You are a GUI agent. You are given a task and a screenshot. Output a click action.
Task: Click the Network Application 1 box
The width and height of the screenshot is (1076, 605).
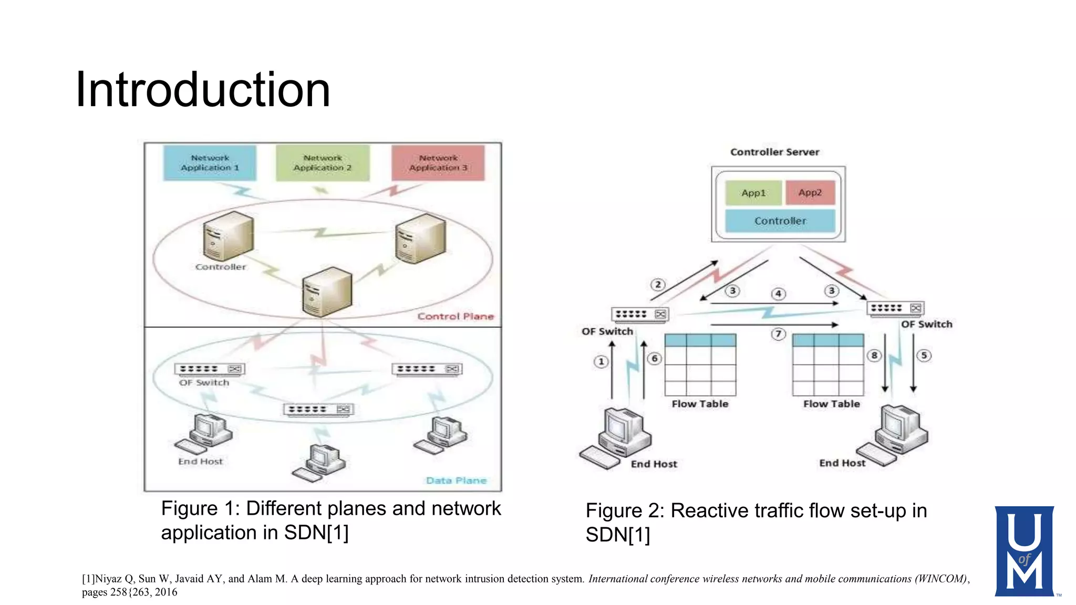coord(210,163)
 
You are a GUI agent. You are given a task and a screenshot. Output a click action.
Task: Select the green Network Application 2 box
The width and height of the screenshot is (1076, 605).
coord(323,163)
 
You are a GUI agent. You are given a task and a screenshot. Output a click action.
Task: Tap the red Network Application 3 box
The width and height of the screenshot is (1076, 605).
coord(438,163)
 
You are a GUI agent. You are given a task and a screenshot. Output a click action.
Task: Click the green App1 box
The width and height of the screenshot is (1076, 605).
coord(753,193)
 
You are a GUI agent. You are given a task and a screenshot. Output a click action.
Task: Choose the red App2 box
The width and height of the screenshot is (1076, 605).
coord(810,193)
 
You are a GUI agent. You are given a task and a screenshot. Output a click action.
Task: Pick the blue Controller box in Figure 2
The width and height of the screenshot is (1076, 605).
coord(780,221)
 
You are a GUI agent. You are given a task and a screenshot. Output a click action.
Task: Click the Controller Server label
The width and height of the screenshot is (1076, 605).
coord(774,152)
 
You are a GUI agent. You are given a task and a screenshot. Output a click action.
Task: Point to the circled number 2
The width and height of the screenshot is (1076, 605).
coord(658,285)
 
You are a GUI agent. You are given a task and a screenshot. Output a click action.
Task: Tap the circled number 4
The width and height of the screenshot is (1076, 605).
coord(778,294)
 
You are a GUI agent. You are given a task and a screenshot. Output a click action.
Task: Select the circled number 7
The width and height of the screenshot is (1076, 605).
coord(778,334)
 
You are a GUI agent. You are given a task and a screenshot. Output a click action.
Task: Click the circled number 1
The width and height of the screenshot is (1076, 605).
coord(601,361)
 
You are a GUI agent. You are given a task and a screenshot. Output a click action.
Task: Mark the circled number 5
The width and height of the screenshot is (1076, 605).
coord(924,356)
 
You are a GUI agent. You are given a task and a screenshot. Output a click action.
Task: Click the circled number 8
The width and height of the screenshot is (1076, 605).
coord(874,356)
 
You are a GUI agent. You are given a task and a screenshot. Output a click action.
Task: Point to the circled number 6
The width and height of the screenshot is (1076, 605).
coord(654,359)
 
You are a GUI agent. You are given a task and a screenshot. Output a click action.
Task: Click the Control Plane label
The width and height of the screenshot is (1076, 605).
coord(456,316)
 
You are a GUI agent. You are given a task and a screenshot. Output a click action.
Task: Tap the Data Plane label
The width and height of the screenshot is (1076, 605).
coord(456,481)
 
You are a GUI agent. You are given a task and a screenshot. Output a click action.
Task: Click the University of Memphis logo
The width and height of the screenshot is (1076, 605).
coord(1024,551)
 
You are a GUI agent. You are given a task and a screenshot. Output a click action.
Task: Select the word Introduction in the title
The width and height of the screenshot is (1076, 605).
coord(203,90)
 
